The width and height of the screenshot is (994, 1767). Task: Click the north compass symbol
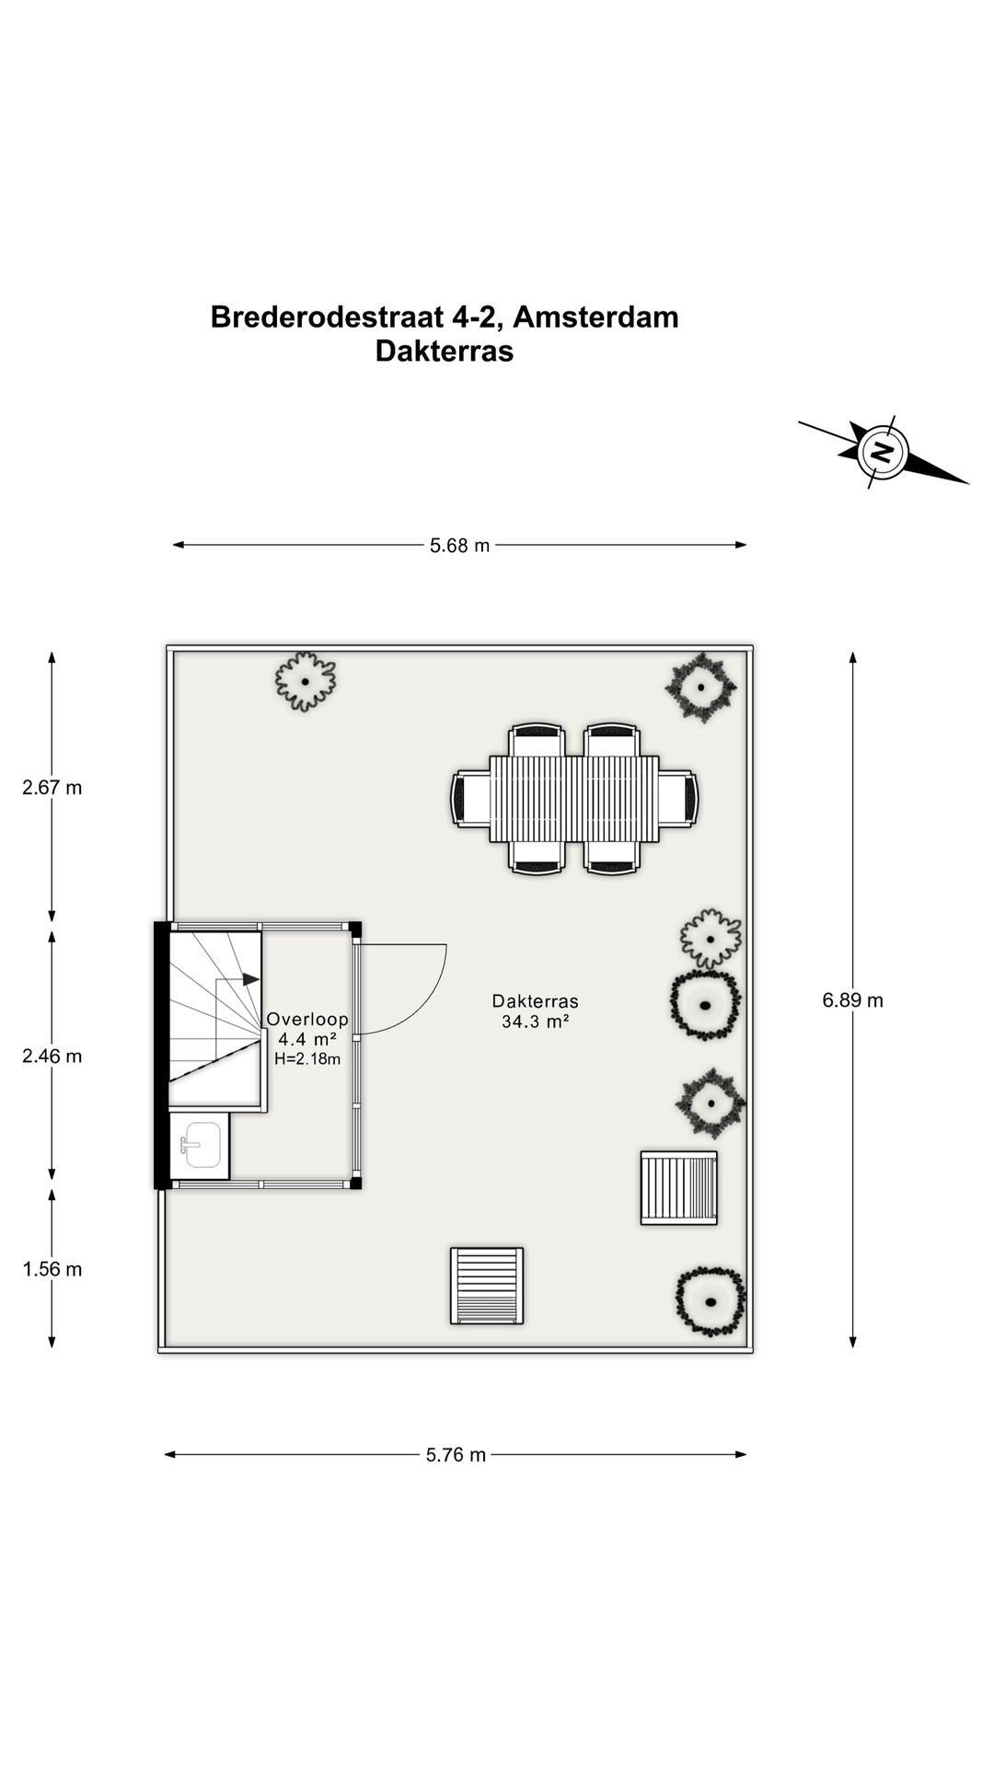coord(883,452)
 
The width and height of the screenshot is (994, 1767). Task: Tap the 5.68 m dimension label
coord(460,546)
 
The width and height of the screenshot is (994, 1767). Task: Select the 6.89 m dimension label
coord(852,1000)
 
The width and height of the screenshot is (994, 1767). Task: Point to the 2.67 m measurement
coord(52,788)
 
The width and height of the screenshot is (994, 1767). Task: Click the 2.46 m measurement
coord(52,1057)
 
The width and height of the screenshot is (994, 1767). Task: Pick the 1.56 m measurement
coord(52,1270)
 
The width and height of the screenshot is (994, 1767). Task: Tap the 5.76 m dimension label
coord(456,1455)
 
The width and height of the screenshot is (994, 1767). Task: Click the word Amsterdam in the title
coord(595,317)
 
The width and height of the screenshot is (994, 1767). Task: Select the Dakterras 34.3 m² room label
coord(535,1011)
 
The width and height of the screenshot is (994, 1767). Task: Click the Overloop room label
coord(307,1020)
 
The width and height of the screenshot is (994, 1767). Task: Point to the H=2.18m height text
coord(307,1059)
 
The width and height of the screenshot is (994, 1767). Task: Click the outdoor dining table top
coord(574,799)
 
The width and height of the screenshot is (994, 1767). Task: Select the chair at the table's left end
coord(470,799)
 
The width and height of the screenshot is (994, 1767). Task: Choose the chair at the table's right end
coord(678,799)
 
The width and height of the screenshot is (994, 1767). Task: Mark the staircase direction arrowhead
coord(251,980)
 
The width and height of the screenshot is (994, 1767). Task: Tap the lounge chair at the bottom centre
coord(487,1286)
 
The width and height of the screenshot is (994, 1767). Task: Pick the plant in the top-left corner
coord(305,681)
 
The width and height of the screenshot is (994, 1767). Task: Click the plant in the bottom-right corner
coord(710,1301)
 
